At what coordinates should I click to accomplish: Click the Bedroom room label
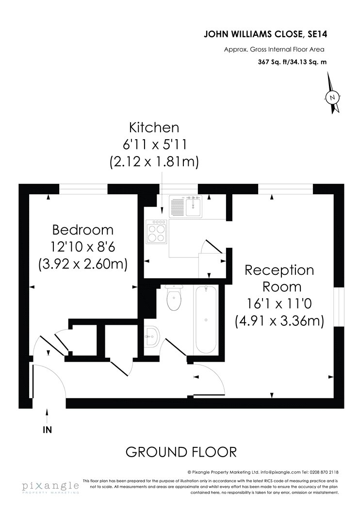[83, 230]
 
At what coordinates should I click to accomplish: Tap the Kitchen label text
[154, 127]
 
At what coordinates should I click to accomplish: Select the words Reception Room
[279, 279]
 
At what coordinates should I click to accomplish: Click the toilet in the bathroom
[174, 298]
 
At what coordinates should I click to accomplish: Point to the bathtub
[206, 320]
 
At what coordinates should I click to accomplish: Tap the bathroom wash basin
[152, 336]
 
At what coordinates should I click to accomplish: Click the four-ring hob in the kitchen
[156, 232]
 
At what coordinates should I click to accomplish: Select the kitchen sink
[185, 206]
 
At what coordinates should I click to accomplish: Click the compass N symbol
[332, 97]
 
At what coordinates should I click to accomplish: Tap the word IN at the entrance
[48, 430]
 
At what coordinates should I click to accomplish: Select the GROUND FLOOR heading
[181, 452]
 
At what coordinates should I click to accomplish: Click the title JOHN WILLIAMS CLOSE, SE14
[265, 34]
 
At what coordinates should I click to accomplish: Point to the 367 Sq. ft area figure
[271, 62]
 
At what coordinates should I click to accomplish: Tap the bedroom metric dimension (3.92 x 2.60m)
[83, 264]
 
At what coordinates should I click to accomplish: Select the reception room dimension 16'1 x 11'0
[279, 304]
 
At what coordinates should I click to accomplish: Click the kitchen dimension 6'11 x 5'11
[155, 144]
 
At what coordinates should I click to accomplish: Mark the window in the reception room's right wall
[339, 307]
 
